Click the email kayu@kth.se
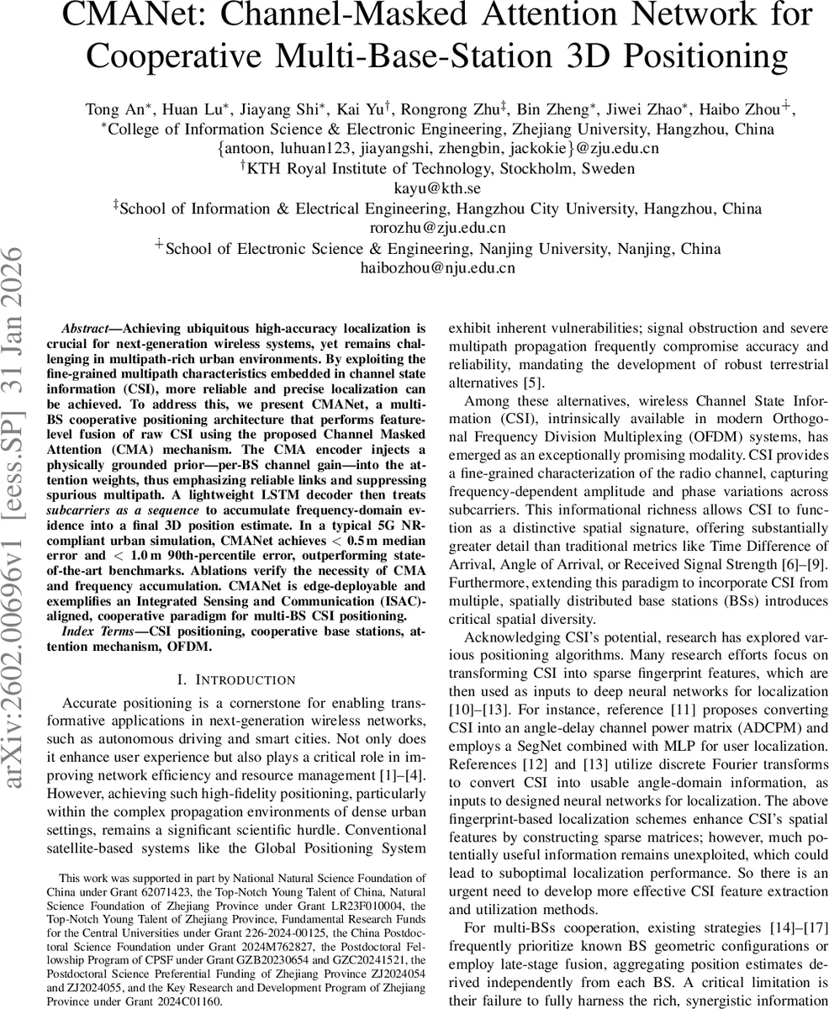point(437,188)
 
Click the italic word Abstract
point(89,327)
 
